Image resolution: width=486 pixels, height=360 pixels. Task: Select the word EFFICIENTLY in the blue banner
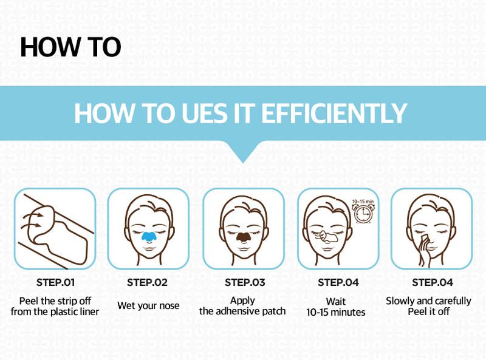[x=334, y=113]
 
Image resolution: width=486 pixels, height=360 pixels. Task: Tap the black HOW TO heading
[x=70, y=47]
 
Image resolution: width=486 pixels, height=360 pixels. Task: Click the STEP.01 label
[x=55, y=282]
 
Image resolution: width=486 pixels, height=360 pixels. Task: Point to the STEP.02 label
[x=147, y=282]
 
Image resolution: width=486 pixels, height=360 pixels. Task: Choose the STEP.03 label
[x=245, y=282]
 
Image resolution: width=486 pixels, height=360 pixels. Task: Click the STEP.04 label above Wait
[x=338, y=282]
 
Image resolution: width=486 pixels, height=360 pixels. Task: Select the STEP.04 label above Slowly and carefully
[x=433, y=282]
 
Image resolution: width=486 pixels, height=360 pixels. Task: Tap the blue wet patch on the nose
[x=149, y=236]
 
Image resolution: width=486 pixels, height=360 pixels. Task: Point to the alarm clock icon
[x=363, y=214]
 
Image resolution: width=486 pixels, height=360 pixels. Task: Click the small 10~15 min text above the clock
[x=363, y=202]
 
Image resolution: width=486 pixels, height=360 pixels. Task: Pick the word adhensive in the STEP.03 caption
[x=238, y=311]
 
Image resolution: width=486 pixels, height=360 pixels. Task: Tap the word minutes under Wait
[x=347, y=312]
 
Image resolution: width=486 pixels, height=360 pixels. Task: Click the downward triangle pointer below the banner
[x=243, y=152]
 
